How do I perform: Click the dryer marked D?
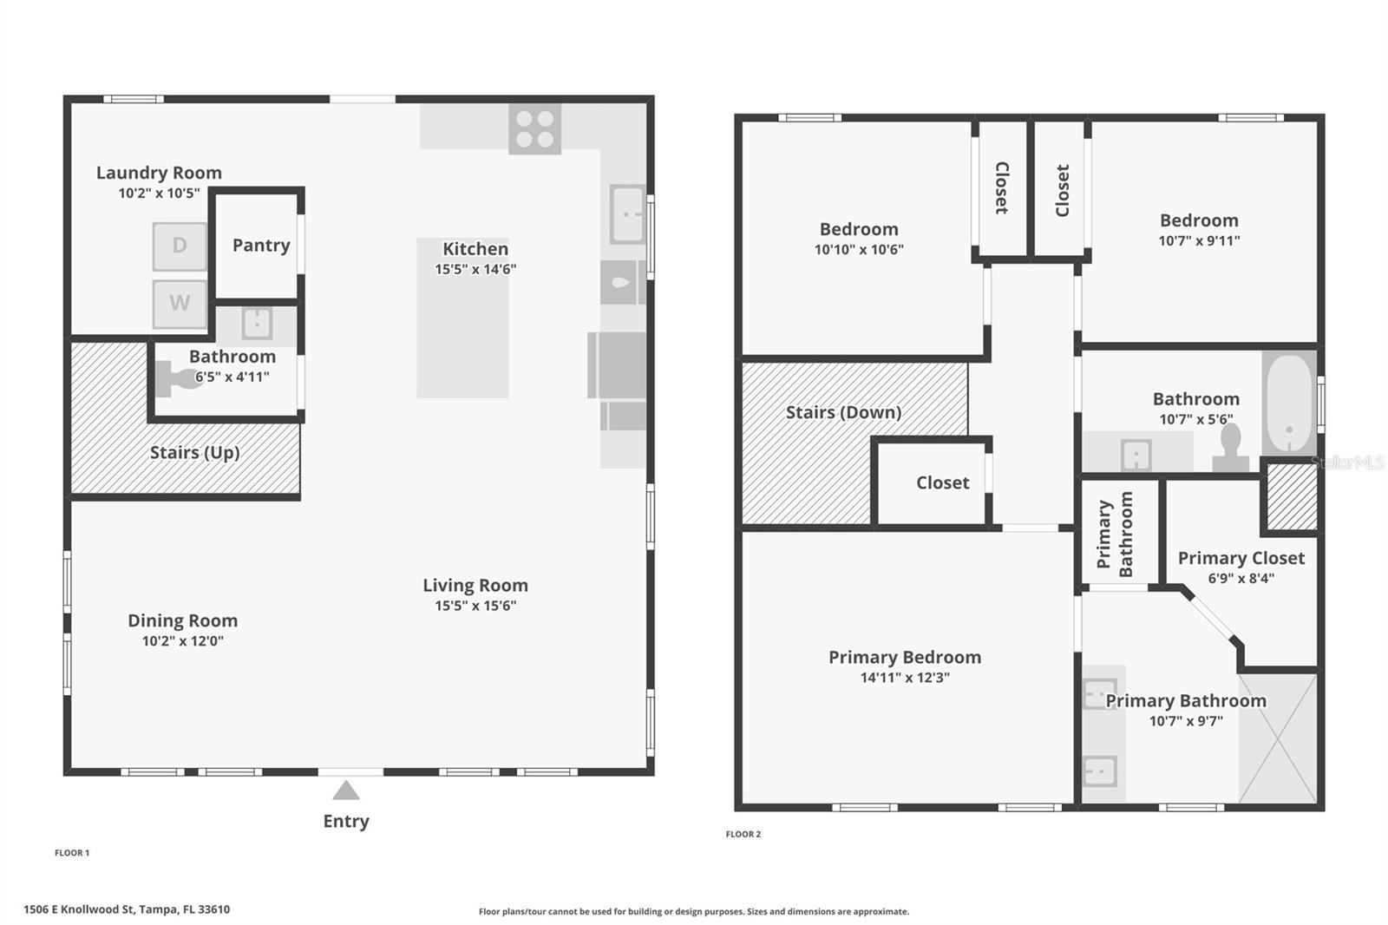(x=180, y=246)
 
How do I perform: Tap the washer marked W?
(x=180, y=304)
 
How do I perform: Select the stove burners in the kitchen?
(x=534, y=129)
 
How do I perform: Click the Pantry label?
(x=261, y=246)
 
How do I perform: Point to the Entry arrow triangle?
(x=346, y=791)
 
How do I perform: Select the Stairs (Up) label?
(x=194, y=453)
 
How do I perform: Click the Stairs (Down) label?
(x=843, y=413)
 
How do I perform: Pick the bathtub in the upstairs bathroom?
(x=1289, y=403)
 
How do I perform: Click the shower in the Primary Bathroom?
(x=1277, y=738)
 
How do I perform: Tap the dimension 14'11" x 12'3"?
(x=905, y=678)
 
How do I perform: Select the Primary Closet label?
(x=1241, y=559)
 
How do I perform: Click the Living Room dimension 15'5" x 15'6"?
(x=475, y=606)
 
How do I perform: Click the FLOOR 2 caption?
(x=743, y=834)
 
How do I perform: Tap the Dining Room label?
(x=182, y=621)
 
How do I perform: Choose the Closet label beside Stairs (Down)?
(x=942, y=483)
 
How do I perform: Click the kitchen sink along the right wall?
(x=627, y=213)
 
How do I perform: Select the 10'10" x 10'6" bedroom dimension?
(x=859, y=250)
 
